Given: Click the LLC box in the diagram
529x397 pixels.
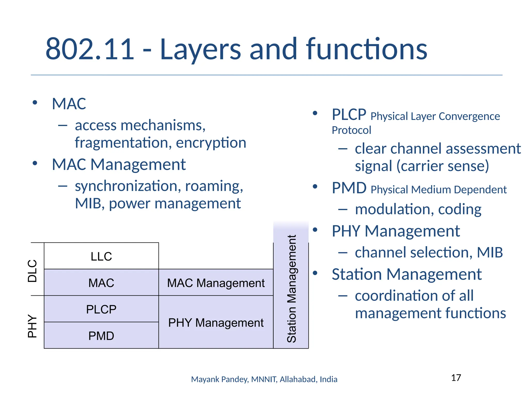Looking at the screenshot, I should point(101,256).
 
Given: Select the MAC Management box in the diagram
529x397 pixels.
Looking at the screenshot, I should point(216,283).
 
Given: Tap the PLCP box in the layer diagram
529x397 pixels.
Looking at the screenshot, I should point(101,309).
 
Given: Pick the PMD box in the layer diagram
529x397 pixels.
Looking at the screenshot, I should point(101,336).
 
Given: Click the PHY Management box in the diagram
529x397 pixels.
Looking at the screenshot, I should point(216,323).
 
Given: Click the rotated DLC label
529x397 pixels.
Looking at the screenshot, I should point(33,271).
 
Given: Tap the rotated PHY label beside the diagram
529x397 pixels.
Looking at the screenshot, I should point(33,326).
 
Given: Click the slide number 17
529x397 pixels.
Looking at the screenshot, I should point(456,378).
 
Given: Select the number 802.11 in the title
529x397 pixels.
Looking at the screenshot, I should point(90,49).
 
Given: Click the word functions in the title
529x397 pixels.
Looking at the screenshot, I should point(367,49).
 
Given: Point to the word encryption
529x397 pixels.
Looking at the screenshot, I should point(211,143).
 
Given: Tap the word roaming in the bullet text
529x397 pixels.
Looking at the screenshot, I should point(214,186).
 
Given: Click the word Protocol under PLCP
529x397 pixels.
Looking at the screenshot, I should point(351,130).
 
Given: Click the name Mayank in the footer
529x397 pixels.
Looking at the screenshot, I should point(205,379).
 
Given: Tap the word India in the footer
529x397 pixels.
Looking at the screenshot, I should point(329,379).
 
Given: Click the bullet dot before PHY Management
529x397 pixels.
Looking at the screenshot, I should point(315,230).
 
